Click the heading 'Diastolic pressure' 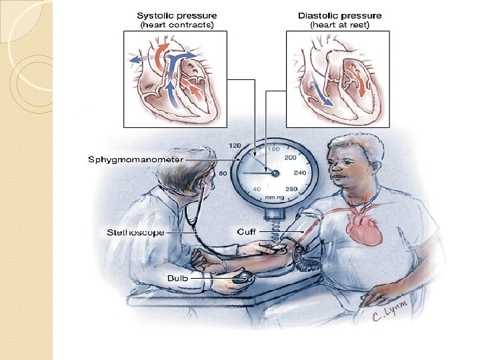[x=340, y=15]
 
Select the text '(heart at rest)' [x=340, y=25]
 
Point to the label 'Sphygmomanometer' [x=127, y=160]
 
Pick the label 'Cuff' [x=246, y=232]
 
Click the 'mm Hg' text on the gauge [x=274, y=197]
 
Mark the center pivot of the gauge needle [x=275, y=173]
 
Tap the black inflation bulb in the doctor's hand [x=243, y=275]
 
